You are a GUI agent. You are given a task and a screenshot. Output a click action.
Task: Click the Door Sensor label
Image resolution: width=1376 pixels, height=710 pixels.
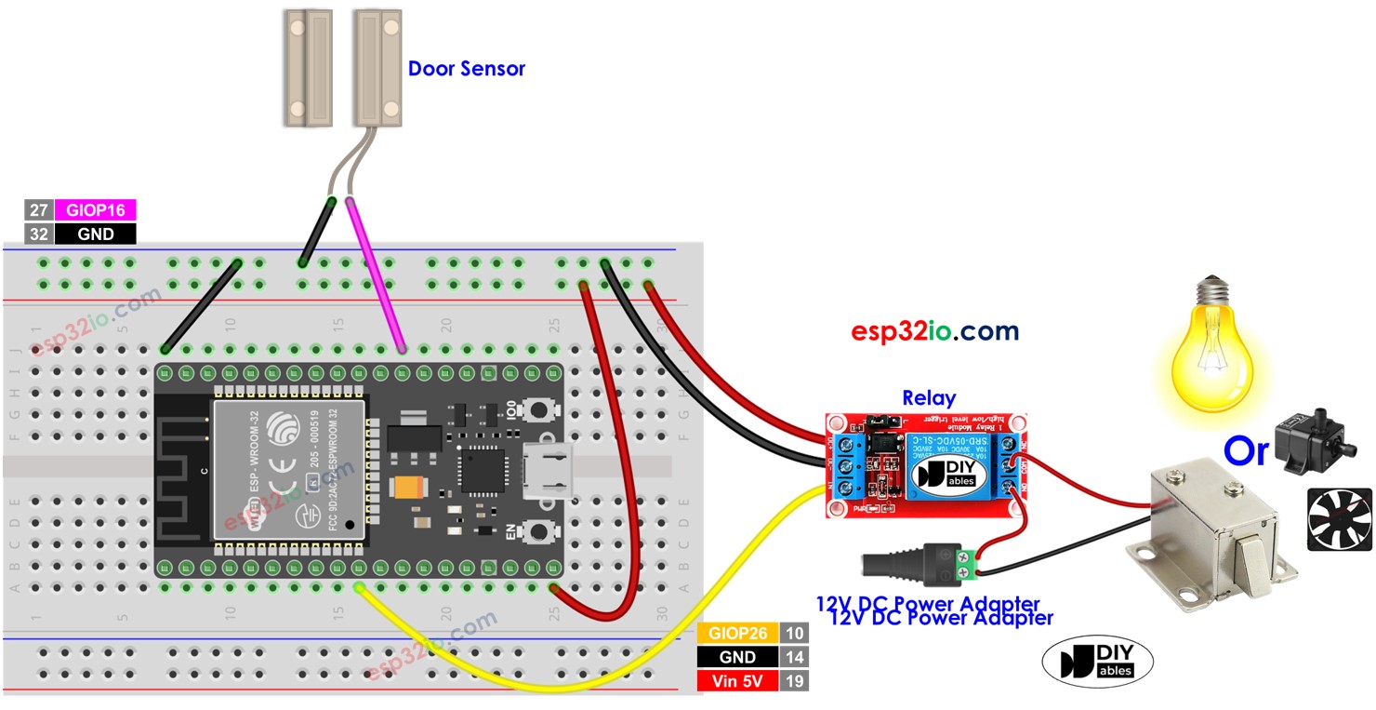(466, 69)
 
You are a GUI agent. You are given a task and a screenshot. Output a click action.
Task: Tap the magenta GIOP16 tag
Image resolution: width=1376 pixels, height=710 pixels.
(95, 209)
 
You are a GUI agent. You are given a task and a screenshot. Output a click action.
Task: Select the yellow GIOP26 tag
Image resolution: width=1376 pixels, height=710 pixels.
(737, 634)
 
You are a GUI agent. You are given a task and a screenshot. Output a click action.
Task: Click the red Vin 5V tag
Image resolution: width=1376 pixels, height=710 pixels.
(737, 680)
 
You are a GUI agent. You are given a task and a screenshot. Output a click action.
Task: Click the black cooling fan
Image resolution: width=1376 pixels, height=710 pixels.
(1339, 518)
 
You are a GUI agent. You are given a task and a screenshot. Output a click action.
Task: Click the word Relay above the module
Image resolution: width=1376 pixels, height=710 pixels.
(929, 397)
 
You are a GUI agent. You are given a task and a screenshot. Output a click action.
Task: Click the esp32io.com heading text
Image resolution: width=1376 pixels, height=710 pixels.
(934, 330)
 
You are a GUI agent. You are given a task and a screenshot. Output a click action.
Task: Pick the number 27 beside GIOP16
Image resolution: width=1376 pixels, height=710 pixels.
(38, 209)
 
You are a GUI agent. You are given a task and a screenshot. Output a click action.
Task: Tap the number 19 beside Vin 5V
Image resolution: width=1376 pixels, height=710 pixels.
(794, 680)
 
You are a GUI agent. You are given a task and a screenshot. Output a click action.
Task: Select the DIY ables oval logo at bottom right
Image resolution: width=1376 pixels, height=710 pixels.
(1097, 662)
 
